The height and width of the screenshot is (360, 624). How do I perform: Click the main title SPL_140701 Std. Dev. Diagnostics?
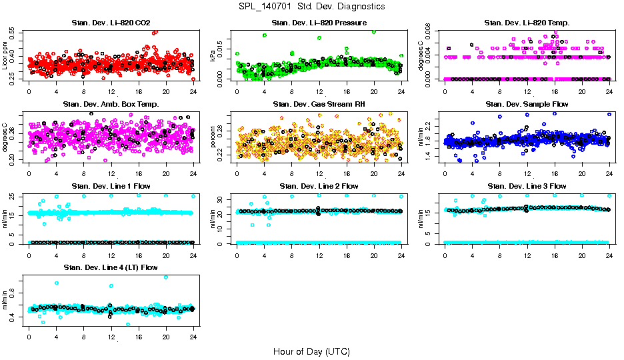[311, 7]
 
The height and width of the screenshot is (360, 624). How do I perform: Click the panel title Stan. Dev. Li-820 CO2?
[111, 23]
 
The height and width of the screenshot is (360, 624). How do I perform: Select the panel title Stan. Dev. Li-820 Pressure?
[319, 23]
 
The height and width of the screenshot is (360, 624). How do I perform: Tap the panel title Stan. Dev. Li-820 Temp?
[527, 23]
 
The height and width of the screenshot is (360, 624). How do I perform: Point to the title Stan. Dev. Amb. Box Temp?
[111, 105]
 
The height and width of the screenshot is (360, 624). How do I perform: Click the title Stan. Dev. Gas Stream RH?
[319, 105]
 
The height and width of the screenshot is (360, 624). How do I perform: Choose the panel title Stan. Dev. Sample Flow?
[527, 105]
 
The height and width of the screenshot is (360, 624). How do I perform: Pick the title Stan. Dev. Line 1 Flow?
[111, 186]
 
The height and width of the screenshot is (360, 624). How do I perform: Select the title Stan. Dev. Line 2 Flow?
[319, 186]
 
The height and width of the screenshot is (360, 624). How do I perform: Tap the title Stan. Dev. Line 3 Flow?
[527, 186]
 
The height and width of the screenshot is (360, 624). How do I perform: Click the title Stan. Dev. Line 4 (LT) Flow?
[111, 267]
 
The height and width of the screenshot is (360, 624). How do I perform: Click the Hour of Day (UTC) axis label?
[311, 351]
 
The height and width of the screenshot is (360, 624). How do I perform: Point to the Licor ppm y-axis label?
[5, 56]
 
